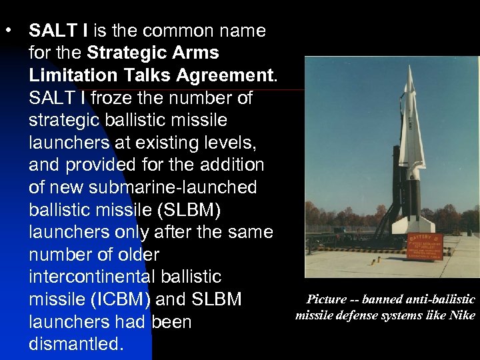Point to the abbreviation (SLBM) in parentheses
point(187,210)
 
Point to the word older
point(136,255)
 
